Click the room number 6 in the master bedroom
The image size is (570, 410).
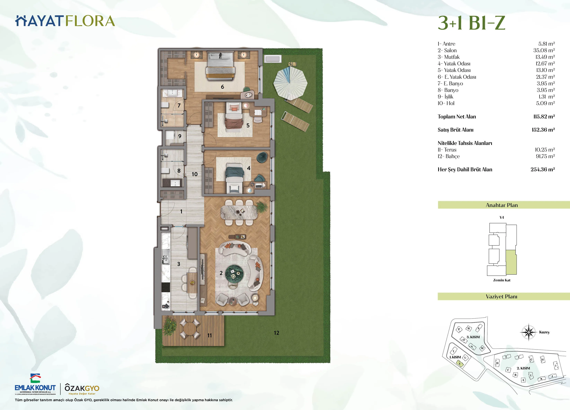[222, 87]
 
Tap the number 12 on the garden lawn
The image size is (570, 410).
[276, 333]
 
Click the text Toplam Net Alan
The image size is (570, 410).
[457, 116]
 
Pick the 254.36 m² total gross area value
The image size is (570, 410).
[542, 170]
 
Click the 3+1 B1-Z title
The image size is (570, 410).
[471, 23]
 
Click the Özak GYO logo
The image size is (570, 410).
[82, 389]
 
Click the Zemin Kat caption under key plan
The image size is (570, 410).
[502, 280]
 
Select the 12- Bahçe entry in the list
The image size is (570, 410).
[449, 156]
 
